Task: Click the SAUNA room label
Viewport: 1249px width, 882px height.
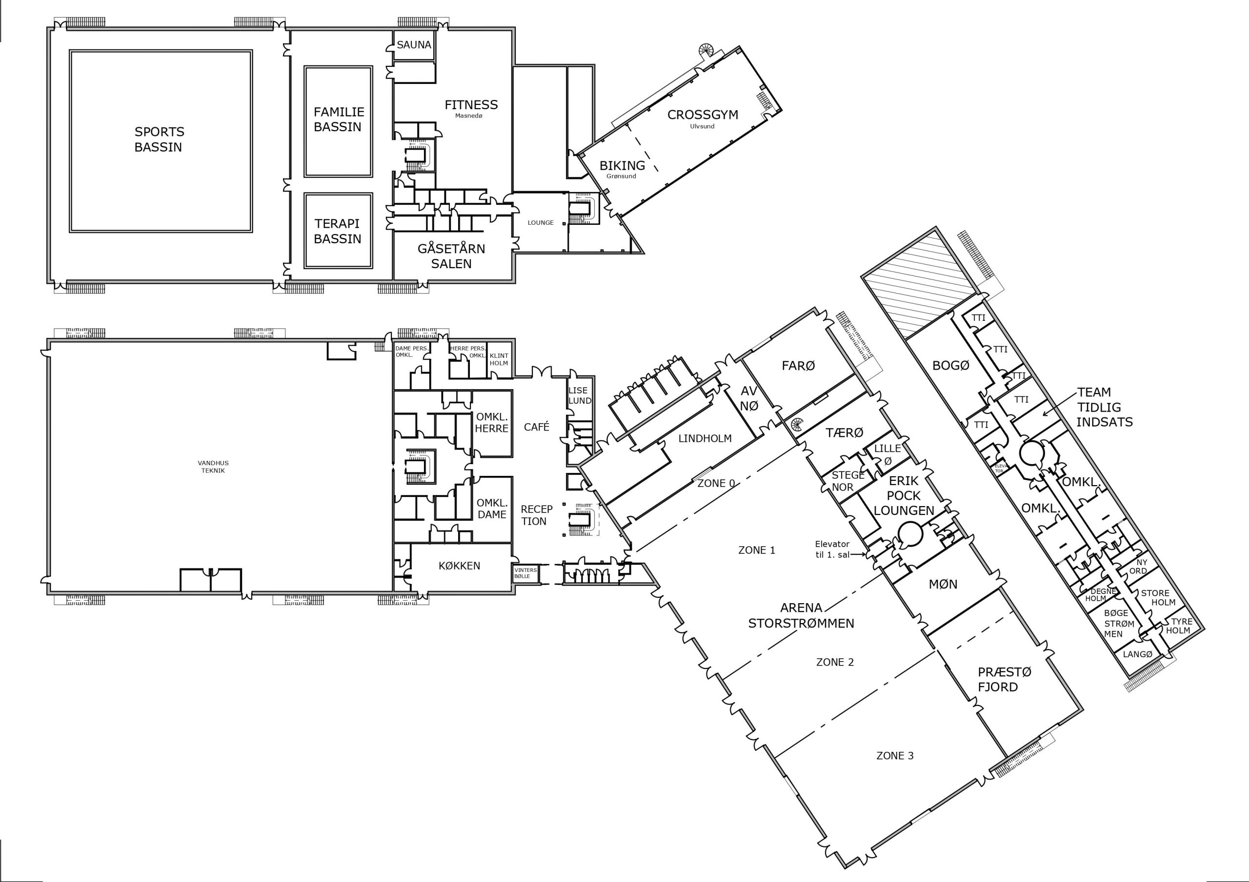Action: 414,44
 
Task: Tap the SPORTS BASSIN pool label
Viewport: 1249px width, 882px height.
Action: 159,139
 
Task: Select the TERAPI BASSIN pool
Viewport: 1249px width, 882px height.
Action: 338,231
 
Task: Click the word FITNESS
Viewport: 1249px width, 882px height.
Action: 471,104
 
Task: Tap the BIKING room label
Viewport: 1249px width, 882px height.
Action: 623,165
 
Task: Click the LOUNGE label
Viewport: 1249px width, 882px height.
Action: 541,222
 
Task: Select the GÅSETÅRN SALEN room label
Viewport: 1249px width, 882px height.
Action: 451,256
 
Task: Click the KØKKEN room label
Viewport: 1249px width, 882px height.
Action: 460,566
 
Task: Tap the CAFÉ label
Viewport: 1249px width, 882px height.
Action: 537,427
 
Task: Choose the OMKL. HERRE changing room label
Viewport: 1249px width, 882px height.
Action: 492,423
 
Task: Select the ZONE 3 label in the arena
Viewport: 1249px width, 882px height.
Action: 895,755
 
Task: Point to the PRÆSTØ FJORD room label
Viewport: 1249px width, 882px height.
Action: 998,680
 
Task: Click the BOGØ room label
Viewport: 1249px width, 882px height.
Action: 950,365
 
